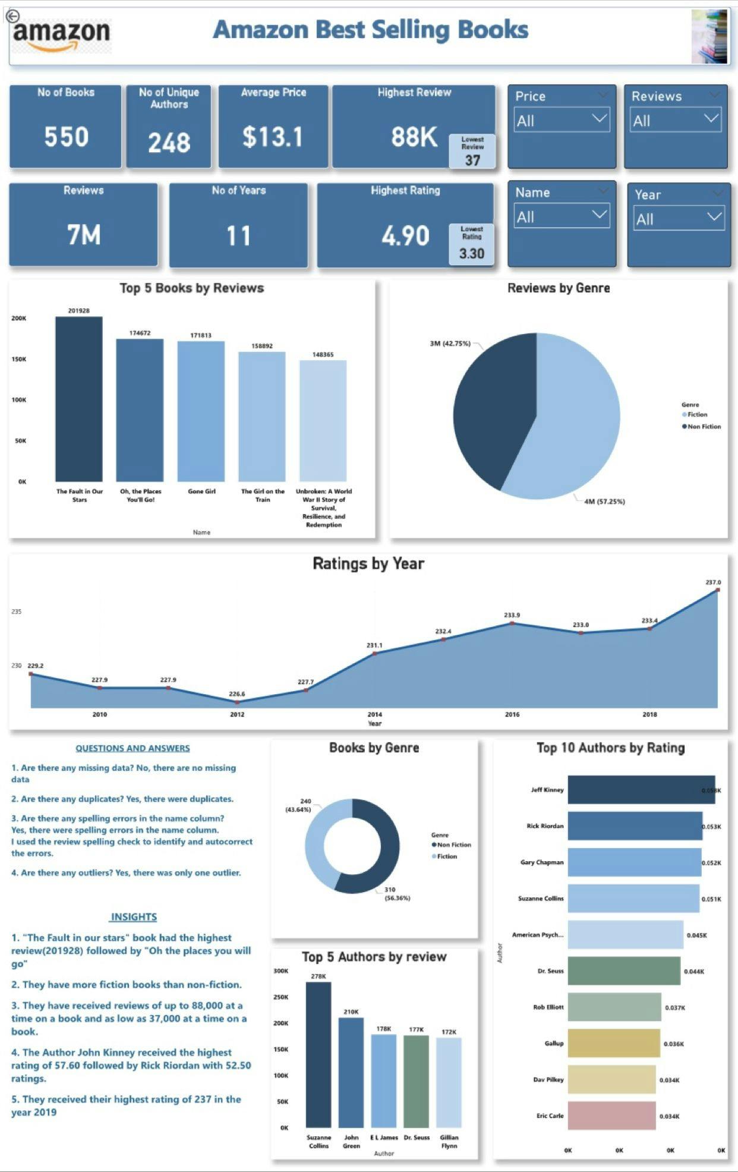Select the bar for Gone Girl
[201, 411]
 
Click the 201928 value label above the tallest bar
[79, 311]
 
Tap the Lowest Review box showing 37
[472, 152]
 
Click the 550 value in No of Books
[66, 137]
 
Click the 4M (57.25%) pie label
[604, 502]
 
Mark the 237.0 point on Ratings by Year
[718, 590]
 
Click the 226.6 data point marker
[237, 702]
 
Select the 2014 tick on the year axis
[374, 714]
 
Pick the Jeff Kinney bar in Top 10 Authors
[641, 790]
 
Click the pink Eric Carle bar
[611, 1116]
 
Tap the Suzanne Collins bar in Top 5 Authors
[318, 1054]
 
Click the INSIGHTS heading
[134, 917]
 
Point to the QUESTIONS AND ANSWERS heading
[133, 748]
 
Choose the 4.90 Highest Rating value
[405, 236]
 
